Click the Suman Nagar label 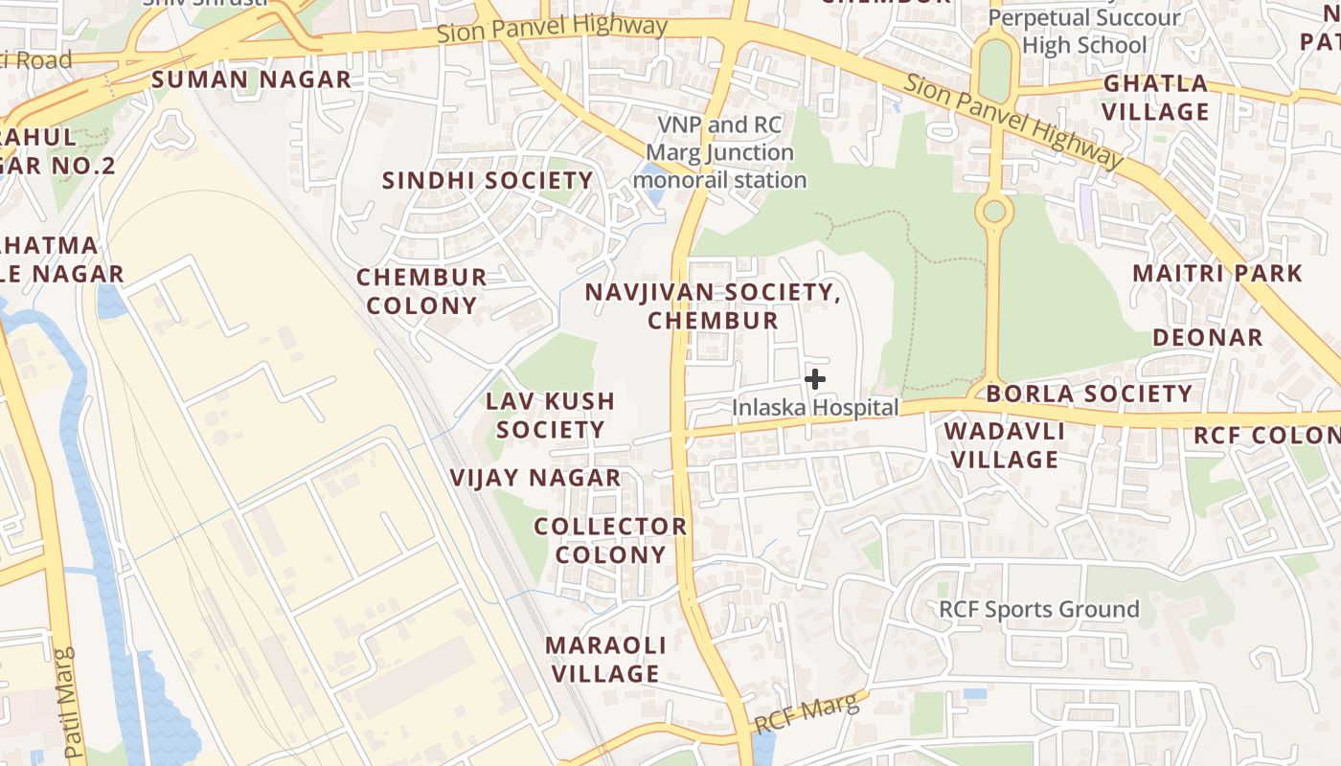click(251, 79)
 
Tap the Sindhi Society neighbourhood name click(488, 180)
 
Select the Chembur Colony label click(421, 291)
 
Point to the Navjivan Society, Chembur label click(713, 305)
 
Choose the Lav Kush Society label click(550, 415)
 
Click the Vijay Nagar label click(535, 477)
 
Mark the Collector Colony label click(610, 540)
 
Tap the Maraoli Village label click(605, 659)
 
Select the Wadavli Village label click(1005, 445)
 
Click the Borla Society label click(1089, 394)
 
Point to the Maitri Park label click(1216, 273)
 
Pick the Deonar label click(1207, 337)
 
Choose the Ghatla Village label click(1155, 98)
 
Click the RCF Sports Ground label click(1038, 609)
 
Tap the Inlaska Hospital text click(815, 408)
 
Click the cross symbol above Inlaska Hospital click(815, 379)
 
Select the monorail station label click(719, 152)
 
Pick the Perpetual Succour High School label click(1083, 31)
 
